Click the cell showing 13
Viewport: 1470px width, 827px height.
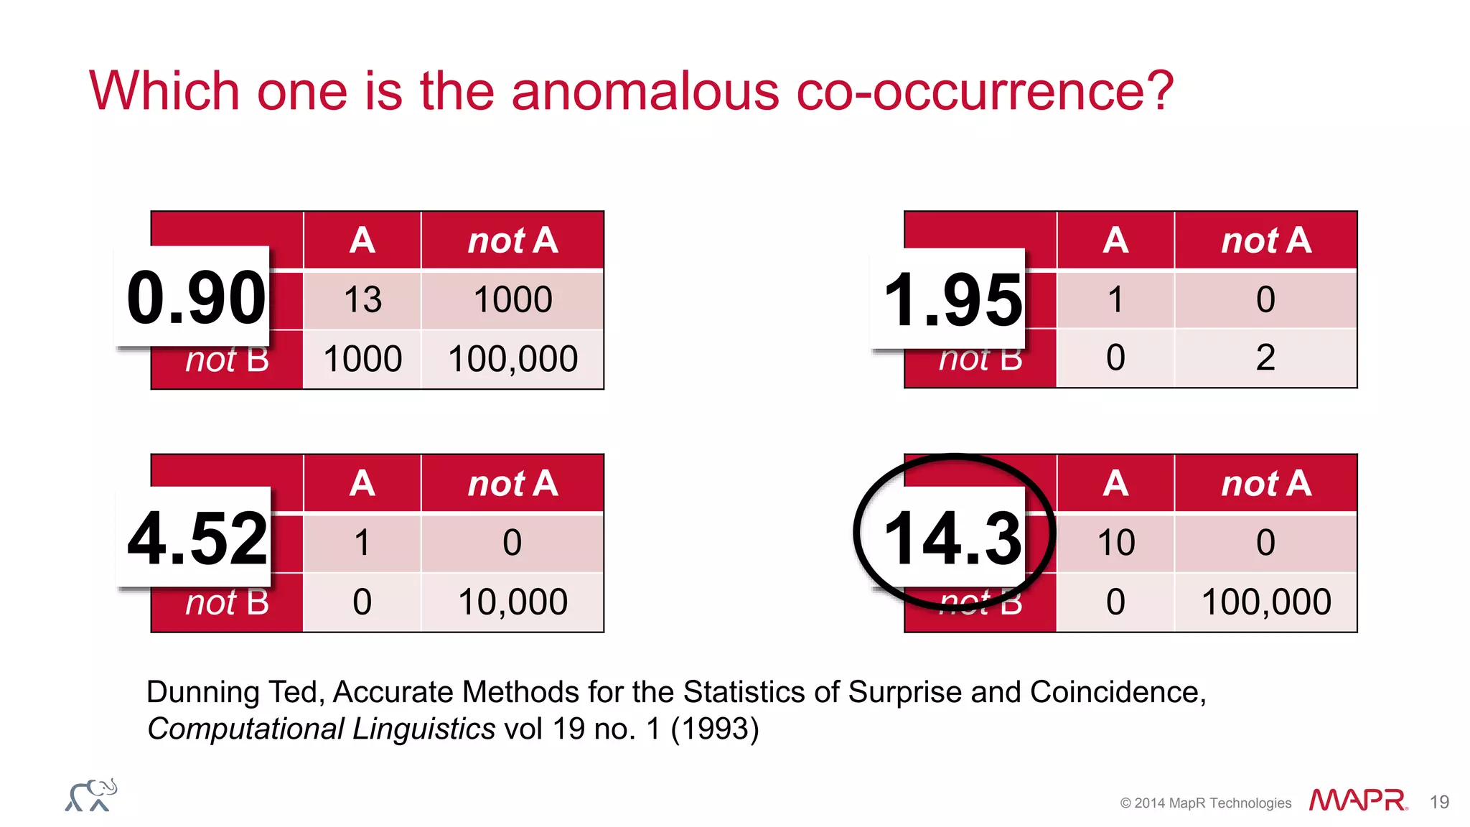[x=362, y=299]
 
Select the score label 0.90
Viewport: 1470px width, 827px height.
[x=195, y=297]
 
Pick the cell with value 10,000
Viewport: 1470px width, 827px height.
[x=512, y=602]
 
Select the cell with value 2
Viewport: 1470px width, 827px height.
[x=1265, y=358]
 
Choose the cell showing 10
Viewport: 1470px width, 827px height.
[x=1116, y=542]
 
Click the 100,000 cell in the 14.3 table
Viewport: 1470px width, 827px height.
[x=1266, y=602]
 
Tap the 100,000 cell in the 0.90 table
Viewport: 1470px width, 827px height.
[x=512, y=359]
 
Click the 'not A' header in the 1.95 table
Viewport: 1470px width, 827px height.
[x=1266, y=240]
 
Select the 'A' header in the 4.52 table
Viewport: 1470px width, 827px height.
[x=362, y=483]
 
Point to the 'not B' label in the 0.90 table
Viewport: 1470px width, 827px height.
[x=227, y=361]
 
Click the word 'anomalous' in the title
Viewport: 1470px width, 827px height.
[x=645, y=91]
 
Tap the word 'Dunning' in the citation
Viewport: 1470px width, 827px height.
[x=202, y=692]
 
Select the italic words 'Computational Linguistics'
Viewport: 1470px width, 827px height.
[x=321, y=729]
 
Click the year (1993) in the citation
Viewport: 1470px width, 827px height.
[x=714, y=729]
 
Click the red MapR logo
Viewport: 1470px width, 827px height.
[x=1357, y=800]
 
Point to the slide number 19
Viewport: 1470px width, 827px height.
[x=1439, y=802]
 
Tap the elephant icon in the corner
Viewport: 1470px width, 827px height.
[x=91, y=795]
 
